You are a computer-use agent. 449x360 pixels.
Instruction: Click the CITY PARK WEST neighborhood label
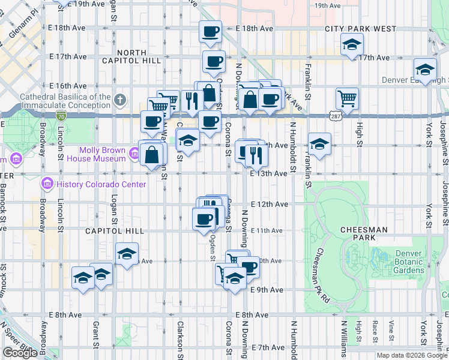tap(360, 29)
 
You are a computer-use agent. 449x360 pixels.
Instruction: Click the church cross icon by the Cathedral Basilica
tap(120, 99)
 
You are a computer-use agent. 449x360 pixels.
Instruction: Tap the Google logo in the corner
tap(20, 353)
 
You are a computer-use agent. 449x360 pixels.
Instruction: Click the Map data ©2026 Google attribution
tap(411, 355)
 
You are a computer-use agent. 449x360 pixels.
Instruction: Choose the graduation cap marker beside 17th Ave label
tap(352, 44)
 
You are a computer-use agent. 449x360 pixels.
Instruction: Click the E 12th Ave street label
tap(269, 204)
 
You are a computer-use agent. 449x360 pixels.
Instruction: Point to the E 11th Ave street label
tap(267, 230)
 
